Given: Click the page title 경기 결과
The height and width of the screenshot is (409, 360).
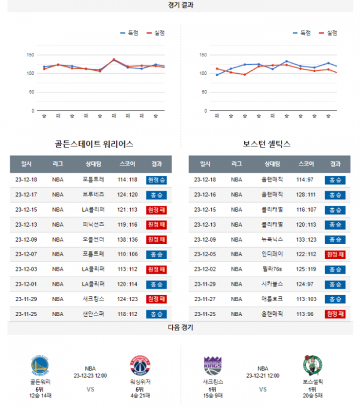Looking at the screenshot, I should tap(180, 5).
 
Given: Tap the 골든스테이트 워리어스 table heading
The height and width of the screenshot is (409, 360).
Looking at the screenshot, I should tap(94, 144).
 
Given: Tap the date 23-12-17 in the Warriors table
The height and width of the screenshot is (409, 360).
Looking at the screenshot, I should tap(26, 194).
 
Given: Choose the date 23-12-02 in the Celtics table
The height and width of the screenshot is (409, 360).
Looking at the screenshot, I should tap(205, 269).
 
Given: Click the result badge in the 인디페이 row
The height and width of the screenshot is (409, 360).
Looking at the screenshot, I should tap(335, 254).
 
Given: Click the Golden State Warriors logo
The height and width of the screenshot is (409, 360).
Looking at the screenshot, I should tap(40, 366).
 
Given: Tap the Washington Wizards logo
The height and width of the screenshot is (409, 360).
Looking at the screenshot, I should tap(140, 366).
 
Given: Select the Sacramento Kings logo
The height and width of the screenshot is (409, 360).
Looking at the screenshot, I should tap(213, 366).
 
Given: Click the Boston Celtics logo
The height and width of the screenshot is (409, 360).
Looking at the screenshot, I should tap(313, 366).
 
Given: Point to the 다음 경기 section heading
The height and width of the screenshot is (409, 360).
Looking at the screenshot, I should tap(180, 328).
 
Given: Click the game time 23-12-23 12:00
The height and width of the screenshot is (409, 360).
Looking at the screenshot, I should tap(91, 376).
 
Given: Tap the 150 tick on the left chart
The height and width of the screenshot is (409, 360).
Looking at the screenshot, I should tap(29, 55).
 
